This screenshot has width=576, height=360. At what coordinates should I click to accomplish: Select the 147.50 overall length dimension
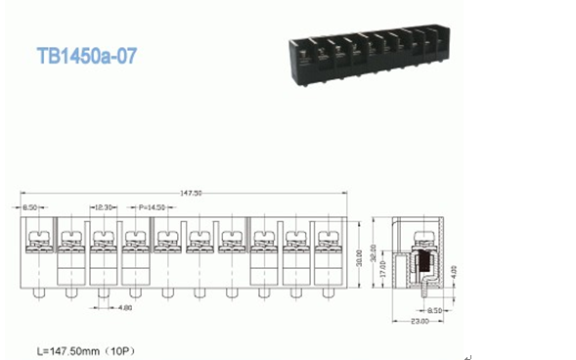[192, 193]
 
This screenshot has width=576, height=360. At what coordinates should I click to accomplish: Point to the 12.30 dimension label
[105, 206]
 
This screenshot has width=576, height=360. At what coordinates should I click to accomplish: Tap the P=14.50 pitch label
[152, 206]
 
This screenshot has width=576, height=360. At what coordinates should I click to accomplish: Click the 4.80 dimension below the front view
[126, 308]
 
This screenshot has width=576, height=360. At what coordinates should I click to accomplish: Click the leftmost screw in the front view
[39, 236]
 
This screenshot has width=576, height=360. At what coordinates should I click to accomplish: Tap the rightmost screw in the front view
[326, 236]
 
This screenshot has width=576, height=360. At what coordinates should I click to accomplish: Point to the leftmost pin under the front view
[39, 292]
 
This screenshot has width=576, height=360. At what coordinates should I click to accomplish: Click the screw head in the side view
[422, 235]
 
